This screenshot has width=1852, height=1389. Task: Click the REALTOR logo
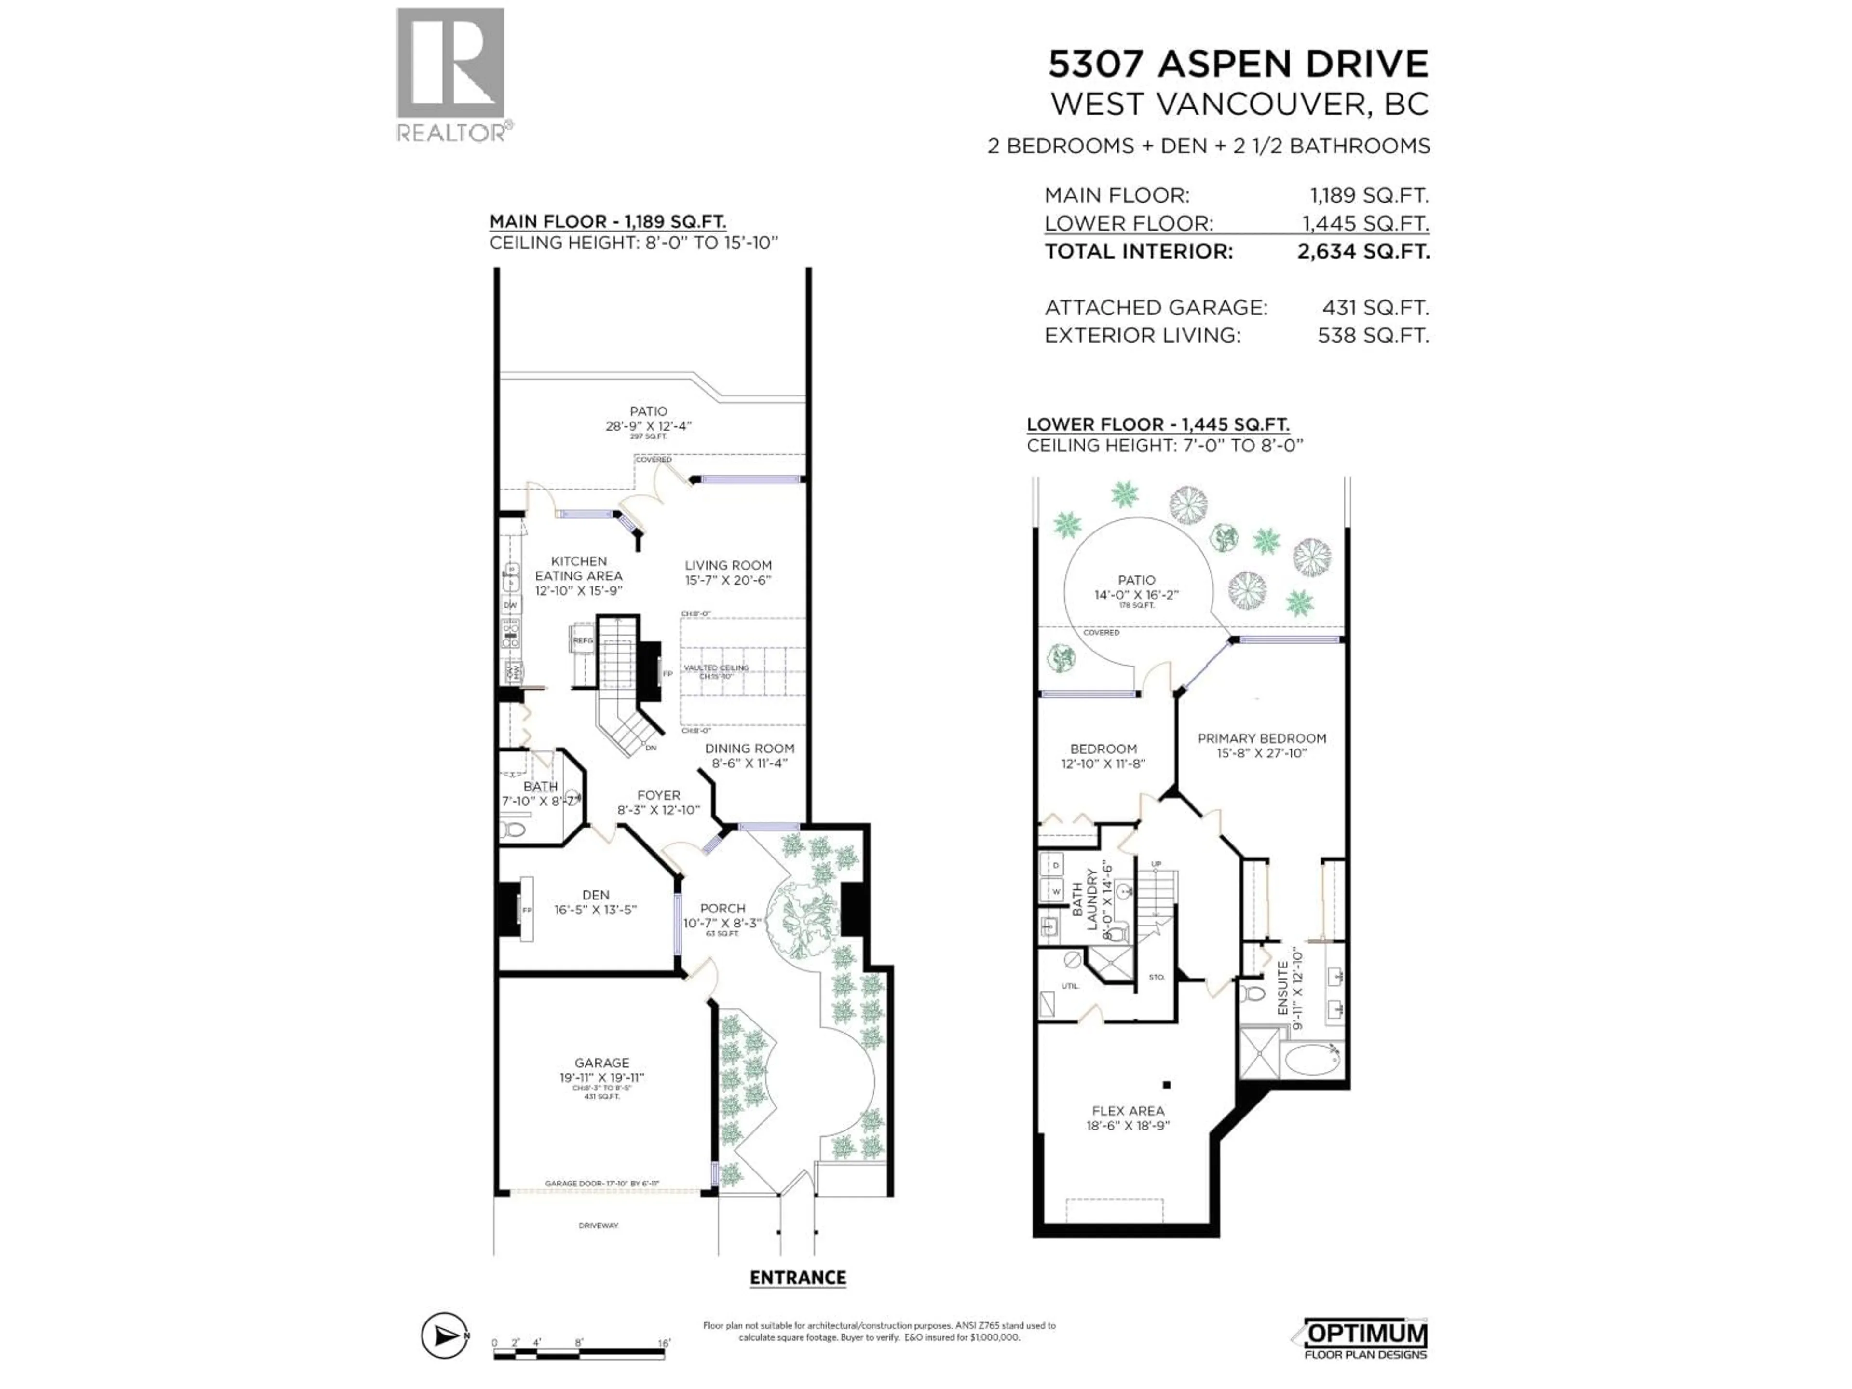[450, 75]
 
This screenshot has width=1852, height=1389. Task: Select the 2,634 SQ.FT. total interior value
[1363, 251]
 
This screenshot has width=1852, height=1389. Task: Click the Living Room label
[728, 565]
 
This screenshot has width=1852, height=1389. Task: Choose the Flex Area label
[1127, 1111]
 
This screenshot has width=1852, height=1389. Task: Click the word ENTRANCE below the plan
[797, 1278]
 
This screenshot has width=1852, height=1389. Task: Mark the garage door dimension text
[602, 1183]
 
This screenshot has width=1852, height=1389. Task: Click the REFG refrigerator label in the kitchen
[583, 640]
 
